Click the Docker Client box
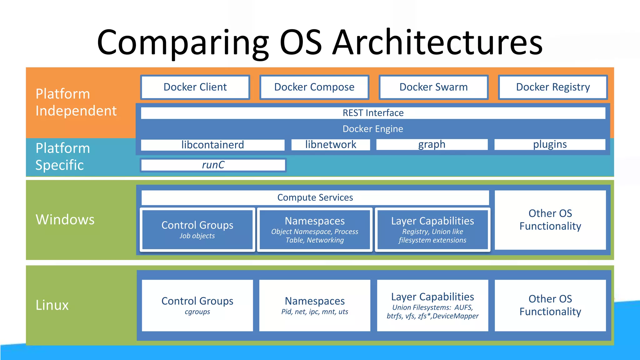(195, 87)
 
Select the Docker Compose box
(314, 87)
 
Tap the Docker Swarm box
(433, 87)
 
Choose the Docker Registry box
(552, 87)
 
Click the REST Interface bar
(373, 113)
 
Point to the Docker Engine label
(373, 129)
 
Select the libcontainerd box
(212, 145)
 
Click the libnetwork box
(331, 145)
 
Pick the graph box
(432, 145)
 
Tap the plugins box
(550, 145)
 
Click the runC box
(213, 165)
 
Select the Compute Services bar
(315, 197)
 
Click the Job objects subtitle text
(197, 236)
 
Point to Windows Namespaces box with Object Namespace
(315, 230)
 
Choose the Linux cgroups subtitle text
(197, 312)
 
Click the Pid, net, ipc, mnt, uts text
(315, 312)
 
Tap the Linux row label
(52, 305)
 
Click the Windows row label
(65, 219)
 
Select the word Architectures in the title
(437, 42)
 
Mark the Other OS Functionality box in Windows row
(550, 220)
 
